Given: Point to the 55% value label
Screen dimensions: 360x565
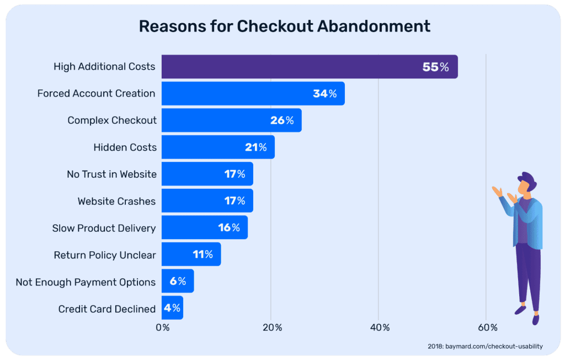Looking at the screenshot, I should (x=436, y=67).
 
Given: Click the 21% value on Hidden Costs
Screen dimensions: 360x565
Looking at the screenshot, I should (x=256, y=147).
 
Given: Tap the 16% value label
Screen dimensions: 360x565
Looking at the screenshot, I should (x=229, y=227).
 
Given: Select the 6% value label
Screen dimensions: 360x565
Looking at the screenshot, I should (x=178, y=282).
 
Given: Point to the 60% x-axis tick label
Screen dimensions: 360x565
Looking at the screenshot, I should (x=487, y=327).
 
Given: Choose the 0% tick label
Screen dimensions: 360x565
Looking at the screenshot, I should (x=163, y=327).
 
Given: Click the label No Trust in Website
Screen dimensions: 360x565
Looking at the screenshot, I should (x=111, y=174).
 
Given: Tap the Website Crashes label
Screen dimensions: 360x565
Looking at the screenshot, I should (x=117, y=201).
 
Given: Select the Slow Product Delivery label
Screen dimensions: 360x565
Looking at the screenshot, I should (x=104, y=228).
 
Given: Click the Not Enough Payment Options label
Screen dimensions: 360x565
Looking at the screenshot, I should (x=86, y=282).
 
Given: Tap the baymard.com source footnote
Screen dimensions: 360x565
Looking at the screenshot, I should (x=485, y=346).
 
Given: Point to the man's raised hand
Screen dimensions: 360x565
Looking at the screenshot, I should (x=497, y=190).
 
